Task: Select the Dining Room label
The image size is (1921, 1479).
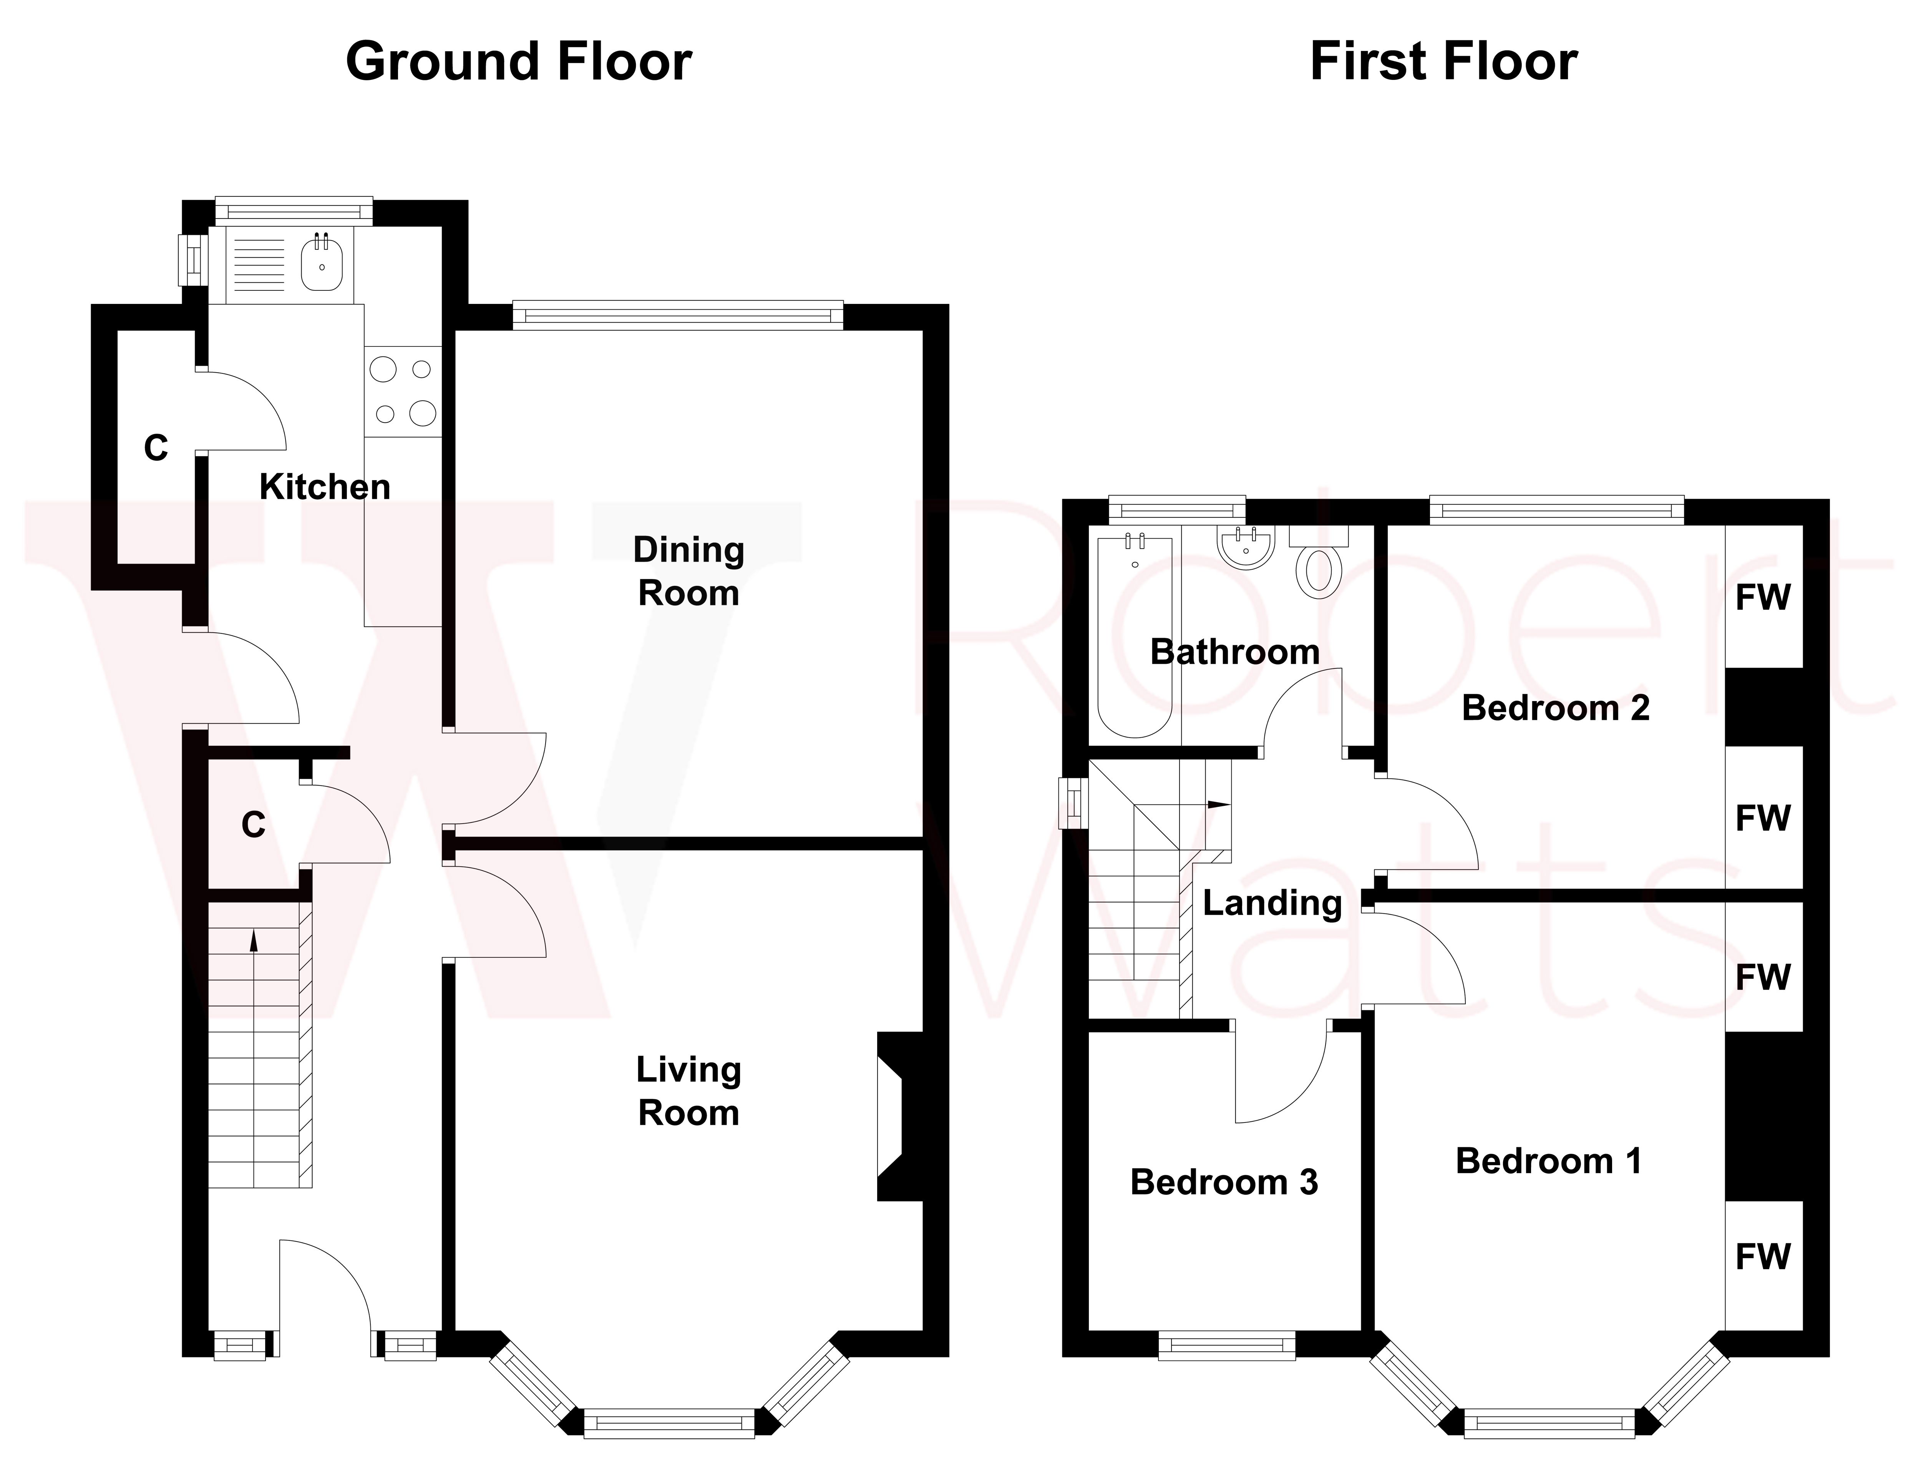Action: click(x=689, y=572)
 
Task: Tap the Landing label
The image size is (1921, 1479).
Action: click(x=1272, y=903)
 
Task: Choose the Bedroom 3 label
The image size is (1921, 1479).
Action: click(x=1224, y=1183)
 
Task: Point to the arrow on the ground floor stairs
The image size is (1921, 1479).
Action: click(x=254, y=941)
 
